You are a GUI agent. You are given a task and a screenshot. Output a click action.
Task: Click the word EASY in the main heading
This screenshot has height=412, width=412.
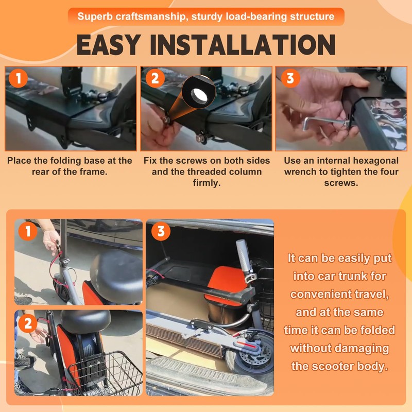pyautogui.click(x=109, y=45)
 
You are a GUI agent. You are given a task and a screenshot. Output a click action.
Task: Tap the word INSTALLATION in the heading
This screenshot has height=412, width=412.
pyautogui.click(x=243, y=45)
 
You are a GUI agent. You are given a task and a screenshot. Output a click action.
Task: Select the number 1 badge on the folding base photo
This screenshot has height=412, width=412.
pyautogui.click(x=18, y=78)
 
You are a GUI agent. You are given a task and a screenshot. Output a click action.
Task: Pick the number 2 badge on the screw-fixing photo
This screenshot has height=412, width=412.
pyautogui.click(x=155, y=78)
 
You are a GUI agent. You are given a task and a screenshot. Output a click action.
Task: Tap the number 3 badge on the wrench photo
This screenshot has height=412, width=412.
pyautogui.click(x=290, y=78)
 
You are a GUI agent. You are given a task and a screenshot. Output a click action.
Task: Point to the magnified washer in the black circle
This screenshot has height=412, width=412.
pyautogui.click(x=199, y=95)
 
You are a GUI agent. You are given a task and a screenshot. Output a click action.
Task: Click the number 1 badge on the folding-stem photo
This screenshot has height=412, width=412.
pyautogui.click(x=28, y=231)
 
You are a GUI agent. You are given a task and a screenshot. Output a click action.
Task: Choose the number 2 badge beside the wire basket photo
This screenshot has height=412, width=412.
pyautogui.click(x=28, y=323)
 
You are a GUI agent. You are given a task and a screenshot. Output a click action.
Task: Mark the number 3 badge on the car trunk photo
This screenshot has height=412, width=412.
pyautogui.click(x=161, y=231)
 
